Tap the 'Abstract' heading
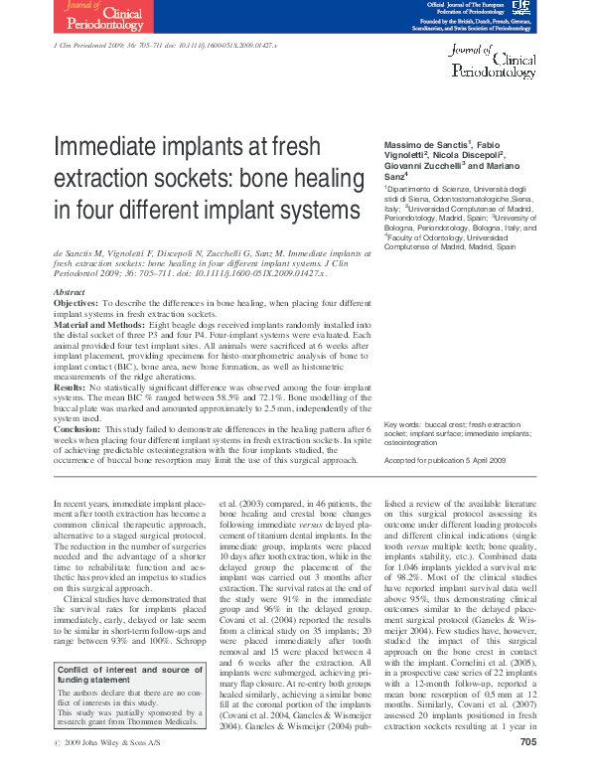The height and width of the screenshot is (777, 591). coord(69,291)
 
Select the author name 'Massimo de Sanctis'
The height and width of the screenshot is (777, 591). coord(425,146)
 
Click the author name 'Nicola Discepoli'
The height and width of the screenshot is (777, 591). coord(469,157)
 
